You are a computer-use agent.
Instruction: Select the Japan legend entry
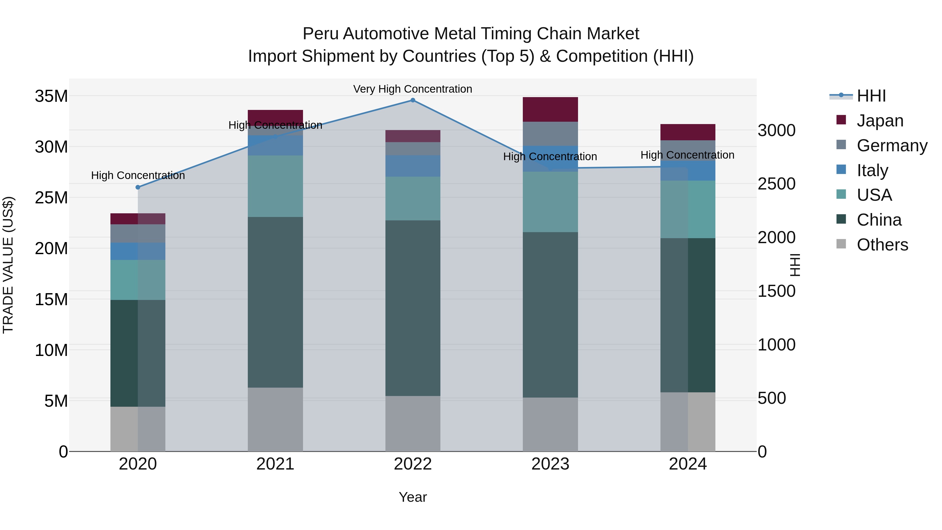(x=879, y=120)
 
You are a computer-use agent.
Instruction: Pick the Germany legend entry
(x=891, y=145)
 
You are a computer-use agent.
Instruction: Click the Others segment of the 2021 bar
(x=275, y=419)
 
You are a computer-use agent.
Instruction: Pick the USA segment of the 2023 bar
(x=550, y=202)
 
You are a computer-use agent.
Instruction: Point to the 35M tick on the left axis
(x=51, y=96)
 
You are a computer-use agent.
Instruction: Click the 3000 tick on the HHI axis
(x=776, y=130)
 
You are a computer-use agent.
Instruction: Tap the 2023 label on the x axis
(x=550, y=464)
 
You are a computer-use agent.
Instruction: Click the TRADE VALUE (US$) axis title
(x=8, y=265)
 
